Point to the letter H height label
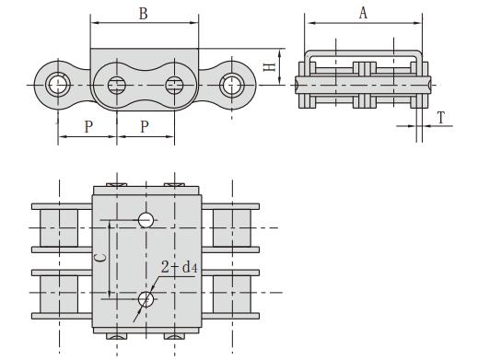[x=268, y=66]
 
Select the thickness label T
[x=443, y=118]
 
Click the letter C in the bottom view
[x=100, y=261]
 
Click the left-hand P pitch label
[x=88, y=126]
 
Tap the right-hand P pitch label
[x=145, y=126]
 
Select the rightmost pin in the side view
[x=229, y=86]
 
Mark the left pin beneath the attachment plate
[x=116, y=86]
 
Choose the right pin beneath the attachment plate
[x=173, y=86]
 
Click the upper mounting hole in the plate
[x=146, y=219]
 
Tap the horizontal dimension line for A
[x=363, y=23]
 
